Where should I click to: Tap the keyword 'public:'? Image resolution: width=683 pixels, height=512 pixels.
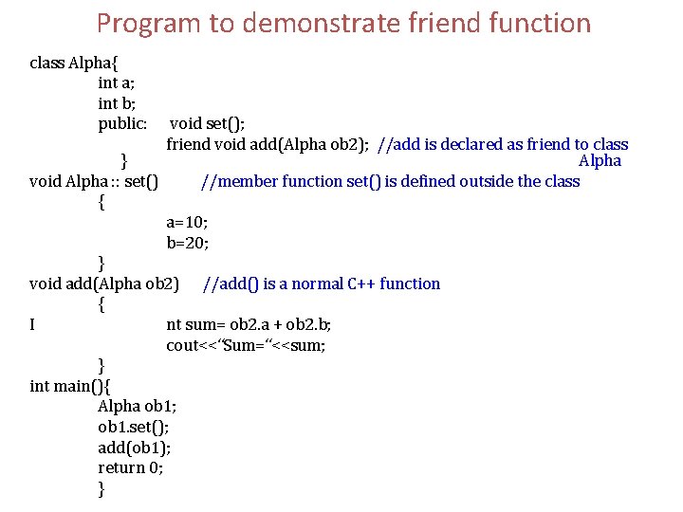[x=122, y=124]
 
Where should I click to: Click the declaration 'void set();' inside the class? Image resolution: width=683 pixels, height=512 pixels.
[x=209, y=124]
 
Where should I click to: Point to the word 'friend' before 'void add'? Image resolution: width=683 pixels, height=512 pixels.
[x=189, y=144]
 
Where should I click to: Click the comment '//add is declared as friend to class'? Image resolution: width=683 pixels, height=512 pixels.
[x=503, y=144]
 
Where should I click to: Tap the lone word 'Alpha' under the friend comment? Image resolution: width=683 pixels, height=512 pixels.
[x=600, y=160]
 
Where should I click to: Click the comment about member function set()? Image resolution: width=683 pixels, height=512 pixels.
[x=391, y=181]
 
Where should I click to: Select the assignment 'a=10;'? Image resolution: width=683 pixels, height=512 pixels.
[x=187, y=222]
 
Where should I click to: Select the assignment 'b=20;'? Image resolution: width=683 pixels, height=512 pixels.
[x=187, y=243]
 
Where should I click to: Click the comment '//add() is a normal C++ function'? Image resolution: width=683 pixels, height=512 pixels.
[x=323, y=283]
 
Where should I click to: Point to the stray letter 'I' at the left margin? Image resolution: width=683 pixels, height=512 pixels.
[x=33, y=325]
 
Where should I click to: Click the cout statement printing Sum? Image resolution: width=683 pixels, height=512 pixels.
[x=246, y=345]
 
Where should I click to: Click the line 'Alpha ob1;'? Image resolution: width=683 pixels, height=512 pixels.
[x=138, y=407]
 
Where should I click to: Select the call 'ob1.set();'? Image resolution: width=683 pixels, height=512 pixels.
[x=134, y=427]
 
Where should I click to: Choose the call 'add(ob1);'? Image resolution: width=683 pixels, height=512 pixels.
[x=134, y=448]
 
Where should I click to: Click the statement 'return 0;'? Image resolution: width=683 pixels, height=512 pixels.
[x=130, y=467]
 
